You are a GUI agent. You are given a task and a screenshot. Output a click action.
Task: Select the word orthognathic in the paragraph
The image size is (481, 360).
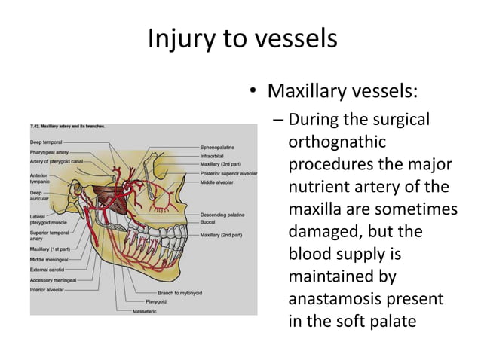pyautogui.click(x=336, y=142)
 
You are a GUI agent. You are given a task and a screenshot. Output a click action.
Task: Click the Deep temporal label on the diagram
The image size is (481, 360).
pyautogui.click(x=47, y=141)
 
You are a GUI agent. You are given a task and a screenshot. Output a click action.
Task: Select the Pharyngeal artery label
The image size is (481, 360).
pyautogui.click(x=50, y=152)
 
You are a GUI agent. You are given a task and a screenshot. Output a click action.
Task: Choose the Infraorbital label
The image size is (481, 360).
pyautogui.click(x=214, y=156)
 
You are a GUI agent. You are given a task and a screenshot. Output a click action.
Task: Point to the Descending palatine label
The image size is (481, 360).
pyautogui.click(x=224, y=214)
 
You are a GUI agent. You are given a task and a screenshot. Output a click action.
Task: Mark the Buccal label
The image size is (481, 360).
pyautogui.click(x=209, y=222)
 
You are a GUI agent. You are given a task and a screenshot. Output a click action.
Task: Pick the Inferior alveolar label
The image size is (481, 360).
pyautogui.click(x=47, y=288)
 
